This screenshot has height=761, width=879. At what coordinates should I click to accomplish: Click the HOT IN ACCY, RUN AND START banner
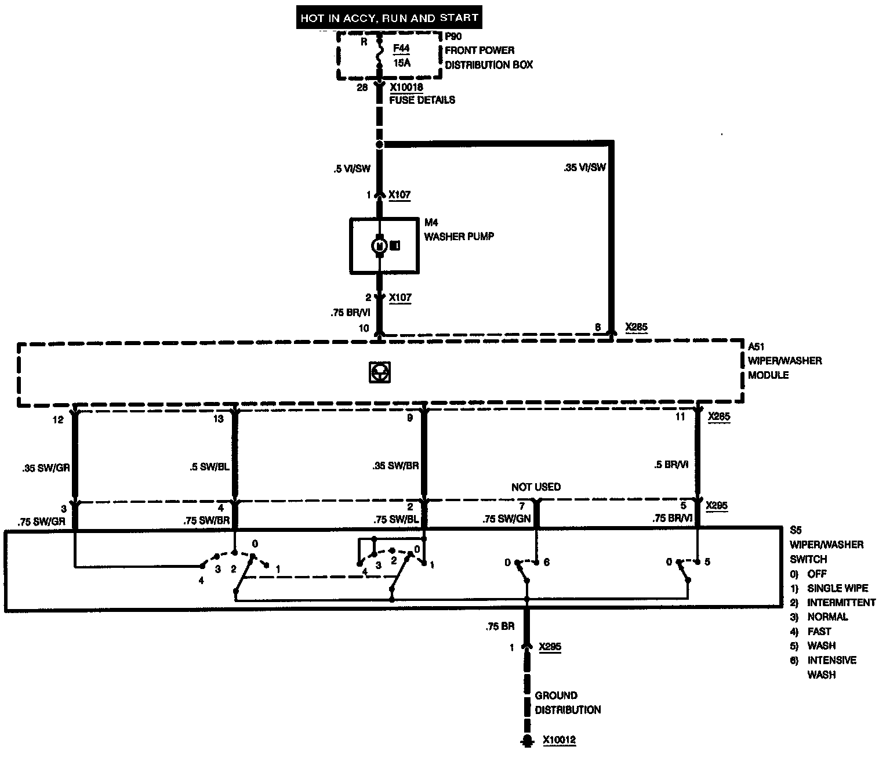click(389, 18)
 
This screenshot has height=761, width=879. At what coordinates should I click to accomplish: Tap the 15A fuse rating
click(402, 63)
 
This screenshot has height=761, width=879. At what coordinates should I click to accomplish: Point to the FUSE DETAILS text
click(422, 100)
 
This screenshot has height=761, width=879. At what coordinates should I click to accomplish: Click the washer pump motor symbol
click(380, 246)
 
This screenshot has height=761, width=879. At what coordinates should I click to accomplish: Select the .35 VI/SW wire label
click(584, 168)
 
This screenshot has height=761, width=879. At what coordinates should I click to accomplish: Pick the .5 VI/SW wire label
click(351, 169)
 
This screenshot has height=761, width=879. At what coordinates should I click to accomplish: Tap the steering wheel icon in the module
click(379, 372)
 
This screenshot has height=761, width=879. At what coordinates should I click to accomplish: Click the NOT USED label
click(536, 487)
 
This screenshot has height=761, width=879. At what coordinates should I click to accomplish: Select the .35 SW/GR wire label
click(45, 468)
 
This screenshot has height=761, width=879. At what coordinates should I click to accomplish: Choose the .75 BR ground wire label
click(500, 627)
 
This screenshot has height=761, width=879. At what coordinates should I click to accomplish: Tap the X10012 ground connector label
click(560, 740)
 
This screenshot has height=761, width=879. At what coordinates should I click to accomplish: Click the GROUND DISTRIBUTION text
click(568, 702)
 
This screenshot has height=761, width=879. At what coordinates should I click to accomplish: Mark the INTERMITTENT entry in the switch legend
click(841, 602)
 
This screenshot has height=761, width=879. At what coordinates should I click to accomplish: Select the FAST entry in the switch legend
click(819, 631)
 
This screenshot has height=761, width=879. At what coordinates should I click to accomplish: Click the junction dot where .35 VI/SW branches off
click(380, 144)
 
